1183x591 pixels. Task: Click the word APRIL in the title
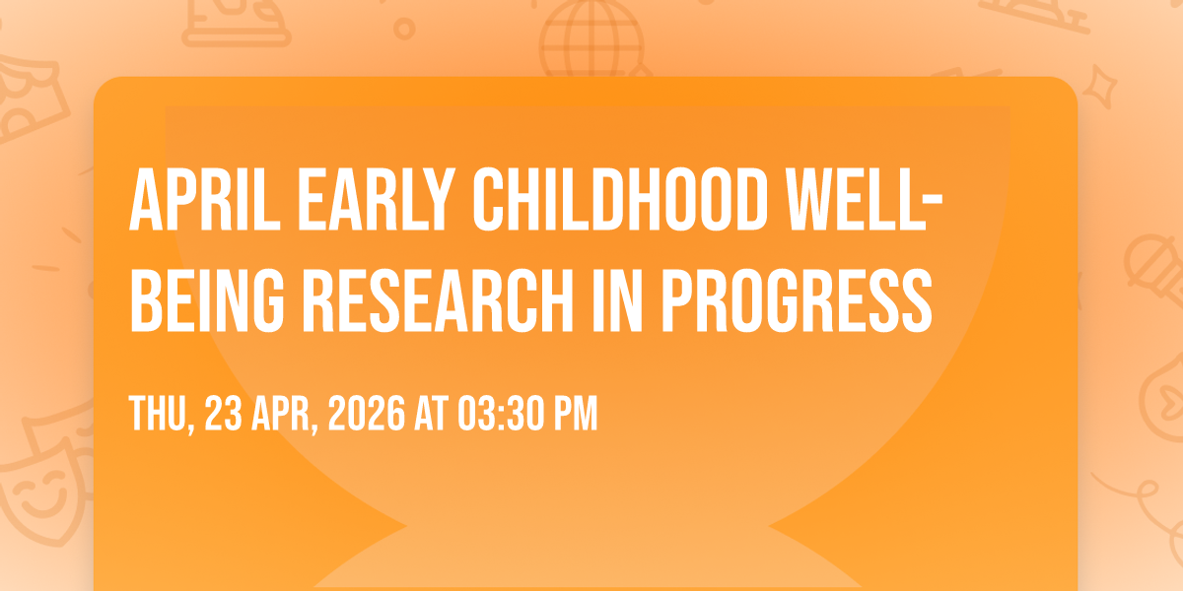(204, 200)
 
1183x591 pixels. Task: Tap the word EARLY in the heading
(377, 200)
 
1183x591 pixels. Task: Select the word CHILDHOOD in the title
(620, 200)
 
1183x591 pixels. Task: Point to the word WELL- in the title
(865, 200)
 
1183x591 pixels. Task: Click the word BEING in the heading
(207, 300)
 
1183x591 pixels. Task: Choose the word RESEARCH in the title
(438, 300)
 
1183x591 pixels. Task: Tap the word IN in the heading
(617, 300)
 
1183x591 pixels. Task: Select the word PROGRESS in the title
(797, 300)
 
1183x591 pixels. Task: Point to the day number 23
(224, 414)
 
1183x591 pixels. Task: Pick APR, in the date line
(285, 415)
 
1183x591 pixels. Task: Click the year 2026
(367, 414)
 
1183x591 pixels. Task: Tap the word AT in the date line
(431, 414)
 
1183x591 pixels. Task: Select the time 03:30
(501, 414)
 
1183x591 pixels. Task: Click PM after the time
(575, 414)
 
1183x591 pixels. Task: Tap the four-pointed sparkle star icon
(1099, 86)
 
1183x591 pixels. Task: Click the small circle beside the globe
(404, 29)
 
